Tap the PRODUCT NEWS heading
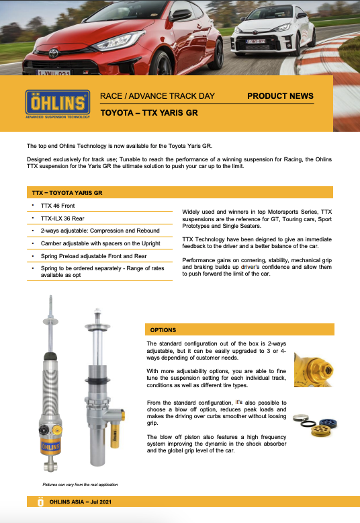coord(280,96)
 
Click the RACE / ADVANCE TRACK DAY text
coord(157,96)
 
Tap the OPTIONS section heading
coord(163,330)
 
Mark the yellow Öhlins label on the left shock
coord(52,446)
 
